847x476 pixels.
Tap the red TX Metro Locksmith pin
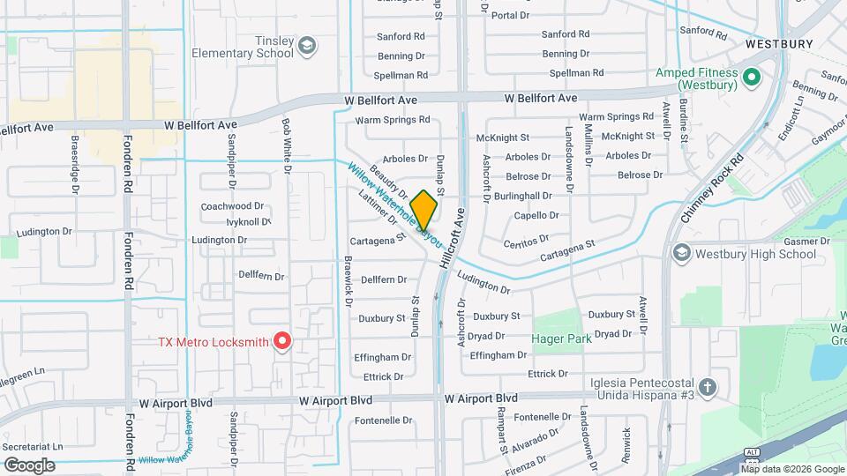click(282, 340)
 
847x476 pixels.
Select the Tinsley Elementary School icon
click(307, 46)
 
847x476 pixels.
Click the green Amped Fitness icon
click(752, 78)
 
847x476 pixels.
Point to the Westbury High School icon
click(681, 254)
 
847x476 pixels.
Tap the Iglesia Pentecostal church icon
click(708, 387)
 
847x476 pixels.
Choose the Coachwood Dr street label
click(233, 205)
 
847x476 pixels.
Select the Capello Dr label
click(536, 215)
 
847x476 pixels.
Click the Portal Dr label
click(510, 16)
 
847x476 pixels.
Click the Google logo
click(29, 465)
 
